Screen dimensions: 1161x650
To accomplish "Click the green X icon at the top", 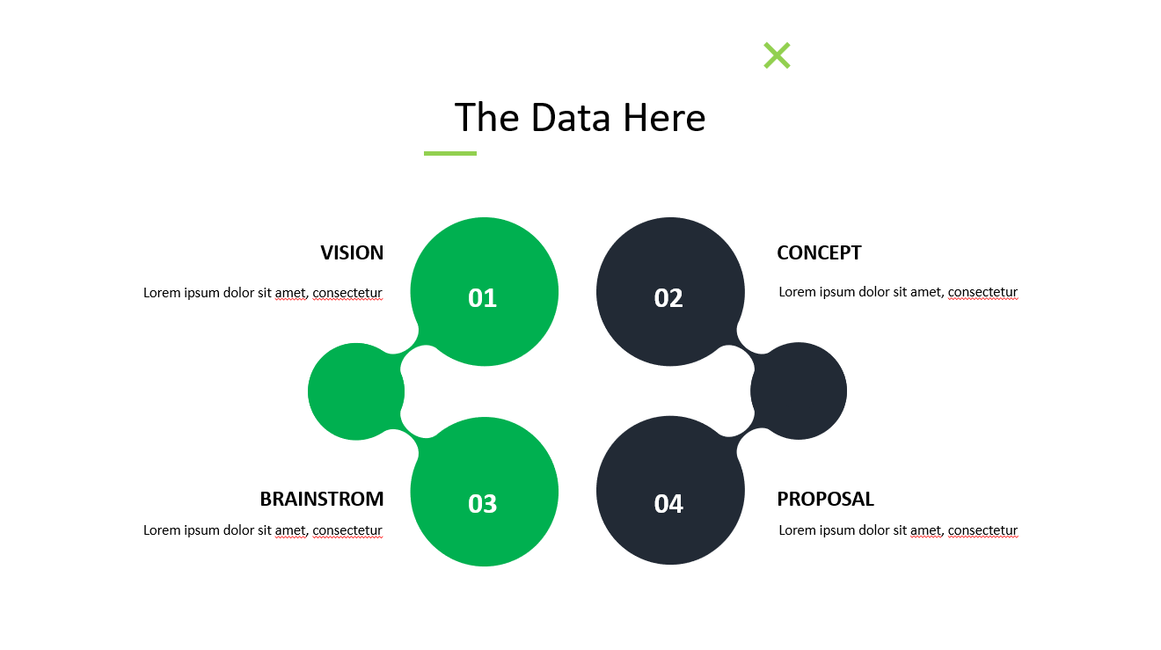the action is (777, 55).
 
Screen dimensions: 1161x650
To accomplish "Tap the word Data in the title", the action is (571, 118).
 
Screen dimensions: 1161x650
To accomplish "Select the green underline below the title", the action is (450, 153).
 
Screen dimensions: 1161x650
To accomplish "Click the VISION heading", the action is (352, 253).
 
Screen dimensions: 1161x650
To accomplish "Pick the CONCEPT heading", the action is (819, 253).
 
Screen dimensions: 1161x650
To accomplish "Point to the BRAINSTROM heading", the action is (322, 500).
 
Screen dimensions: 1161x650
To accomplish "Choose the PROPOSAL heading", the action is (825, 500).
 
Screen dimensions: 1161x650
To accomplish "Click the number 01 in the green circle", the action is (482, 298).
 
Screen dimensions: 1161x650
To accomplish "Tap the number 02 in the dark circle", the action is (668, 298).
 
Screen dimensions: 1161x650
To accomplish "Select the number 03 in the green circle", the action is (482, 504).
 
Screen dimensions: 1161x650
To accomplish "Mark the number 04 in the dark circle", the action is (668, 504).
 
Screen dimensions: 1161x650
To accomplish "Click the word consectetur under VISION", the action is (347, 293).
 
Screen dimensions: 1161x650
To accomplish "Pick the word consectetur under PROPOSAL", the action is (982, 530).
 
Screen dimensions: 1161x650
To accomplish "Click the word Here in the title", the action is (664, 118).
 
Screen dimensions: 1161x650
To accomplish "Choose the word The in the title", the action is (486, 118).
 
